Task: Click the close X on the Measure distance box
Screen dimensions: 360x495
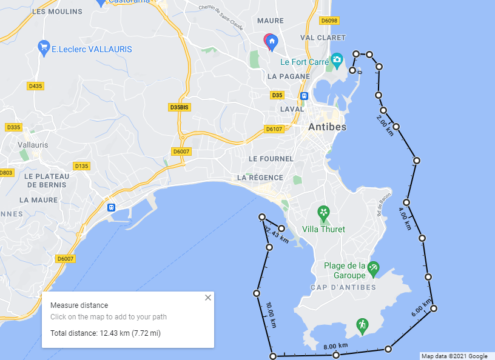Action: pyautogui.click(x=208, y=298)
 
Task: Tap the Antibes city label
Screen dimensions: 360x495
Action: pyautogui.click(x=327, y=127)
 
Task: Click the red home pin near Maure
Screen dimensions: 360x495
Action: pyautogui.click(x=271, y=41)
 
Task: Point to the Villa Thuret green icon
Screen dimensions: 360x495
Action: pyautogui.click(x=324, y=213)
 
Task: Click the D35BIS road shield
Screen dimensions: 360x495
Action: pyautogui.click(x=180, y=107)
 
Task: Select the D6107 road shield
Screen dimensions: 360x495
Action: pyautogui.click(x=274, y=129)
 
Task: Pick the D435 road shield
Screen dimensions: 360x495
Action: pyautogui.click(x=36, y=86)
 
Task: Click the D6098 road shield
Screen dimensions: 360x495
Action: pyautogui.click(x=329, y=21)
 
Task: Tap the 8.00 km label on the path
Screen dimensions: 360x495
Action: pyautogui.click(x=335, y=347)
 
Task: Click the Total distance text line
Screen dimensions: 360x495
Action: pyautogui.click(x=105, y=333)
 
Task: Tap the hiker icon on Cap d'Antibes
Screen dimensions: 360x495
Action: pyautogui.click(x=362, y=325)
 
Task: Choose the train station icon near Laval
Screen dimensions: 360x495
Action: pyautogui.click(x=304, y=96)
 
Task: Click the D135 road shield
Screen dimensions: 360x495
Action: pyautogui.click(x=81, y=166)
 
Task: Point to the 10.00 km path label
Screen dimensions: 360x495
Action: pyautogui.click(x=271, y=315)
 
